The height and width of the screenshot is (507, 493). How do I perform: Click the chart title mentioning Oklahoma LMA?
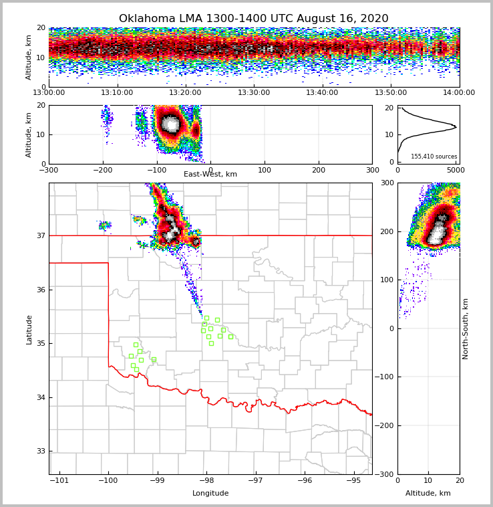coord(253,19)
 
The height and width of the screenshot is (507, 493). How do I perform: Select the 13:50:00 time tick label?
coord(391,93)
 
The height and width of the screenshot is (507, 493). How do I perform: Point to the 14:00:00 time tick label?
coord(459,93)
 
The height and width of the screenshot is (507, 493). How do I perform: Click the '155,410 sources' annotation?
coord(433,157)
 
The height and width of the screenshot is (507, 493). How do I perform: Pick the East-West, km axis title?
coord(210,175)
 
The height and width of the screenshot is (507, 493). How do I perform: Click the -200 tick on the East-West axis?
coord(103,170)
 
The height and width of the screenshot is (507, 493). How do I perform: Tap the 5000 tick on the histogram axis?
coord(456,171)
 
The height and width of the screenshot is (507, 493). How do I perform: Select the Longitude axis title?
coord(210,494)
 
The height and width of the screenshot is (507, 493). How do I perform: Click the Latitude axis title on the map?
coord(29,329)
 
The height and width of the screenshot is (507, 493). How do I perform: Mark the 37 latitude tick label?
coord(41,235)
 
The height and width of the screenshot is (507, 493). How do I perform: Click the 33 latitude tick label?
coord(41,451)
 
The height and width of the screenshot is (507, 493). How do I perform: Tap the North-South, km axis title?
coord(466,329)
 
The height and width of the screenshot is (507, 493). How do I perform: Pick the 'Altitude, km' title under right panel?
coord(428,494)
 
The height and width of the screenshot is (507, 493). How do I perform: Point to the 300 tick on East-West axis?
coord(372,170)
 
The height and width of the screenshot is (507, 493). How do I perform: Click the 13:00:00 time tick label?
coord(49,93)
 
